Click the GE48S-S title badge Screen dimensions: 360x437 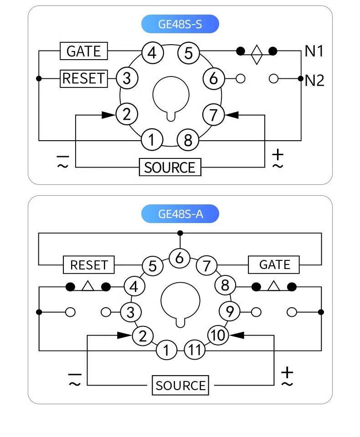pyautogui.click(x=180, y=24)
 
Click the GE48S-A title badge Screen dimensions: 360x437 pyautogui.click(x=180, y=214)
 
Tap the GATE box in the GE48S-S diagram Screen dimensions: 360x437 pyautogui.click(x=84, y=51)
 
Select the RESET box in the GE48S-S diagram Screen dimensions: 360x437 pyautogui.click(x=84, y=79)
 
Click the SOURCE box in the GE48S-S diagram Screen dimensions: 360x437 pyautogui.click(x=170, y=167)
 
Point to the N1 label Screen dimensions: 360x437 pyautogui.click(x=314, y=51)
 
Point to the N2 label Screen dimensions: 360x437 pyautogui.click(x=314, y=81)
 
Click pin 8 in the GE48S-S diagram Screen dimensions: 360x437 pyautogui.click(x=188, y=140)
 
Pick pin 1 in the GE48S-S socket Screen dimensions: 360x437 pyautogui.click(x=152, y=140)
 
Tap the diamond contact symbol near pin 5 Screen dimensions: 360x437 pyautogui.click(x=257, y=55)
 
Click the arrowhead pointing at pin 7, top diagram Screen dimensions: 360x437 pyautogui.click(x=231, y=115)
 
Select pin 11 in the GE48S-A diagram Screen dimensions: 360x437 pyautogui.click(x=195, y=350)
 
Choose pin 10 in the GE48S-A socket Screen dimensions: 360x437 pyautogui.click(x=218, y=335)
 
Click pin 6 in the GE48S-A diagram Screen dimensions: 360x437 pyautogui.click(x=180, y=258)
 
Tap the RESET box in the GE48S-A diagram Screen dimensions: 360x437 pyautogui.click(x=89, y=265)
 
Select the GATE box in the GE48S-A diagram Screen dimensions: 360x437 pyautogui.click(x=274, y=265)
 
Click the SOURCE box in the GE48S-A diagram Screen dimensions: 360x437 pyautogui.click(x=180, y=385)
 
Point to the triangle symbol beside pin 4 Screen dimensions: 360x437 pyautogui.click(x=88, y=286)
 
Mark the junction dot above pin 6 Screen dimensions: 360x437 pyautogui.click(x=180, y=233)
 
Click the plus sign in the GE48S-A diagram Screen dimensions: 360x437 pyautogui.click(x=287, y=372)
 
